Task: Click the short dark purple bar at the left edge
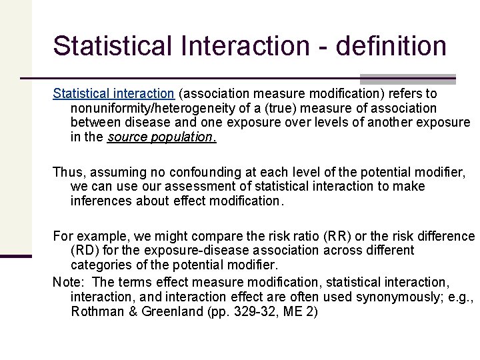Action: coord(16,256)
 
